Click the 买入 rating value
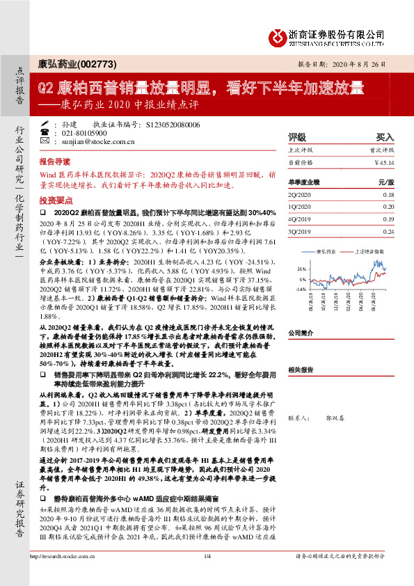coord(385,138)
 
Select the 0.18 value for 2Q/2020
coord(388,196)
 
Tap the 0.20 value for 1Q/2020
coord(388,207)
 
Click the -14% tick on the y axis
coord(301,288)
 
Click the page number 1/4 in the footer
coord(207,576)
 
